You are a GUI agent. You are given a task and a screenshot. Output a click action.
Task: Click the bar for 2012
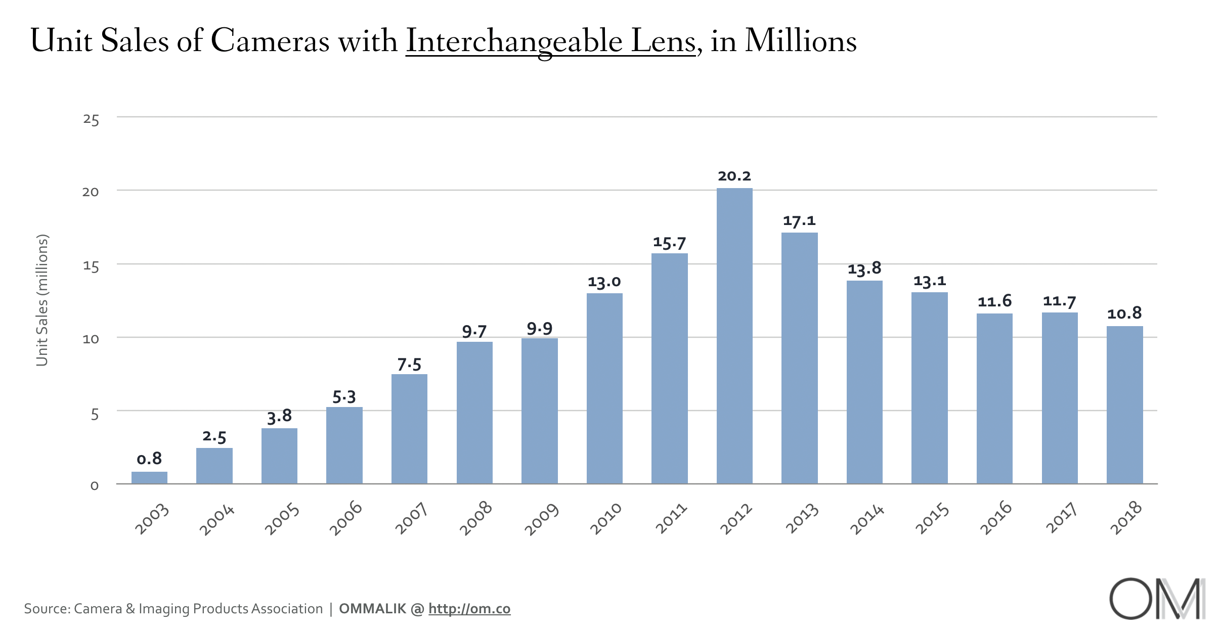pos(734,336)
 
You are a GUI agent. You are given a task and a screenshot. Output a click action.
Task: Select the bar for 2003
pos(149,478)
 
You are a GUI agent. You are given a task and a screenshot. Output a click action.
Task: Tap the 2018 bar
pos(1124,404)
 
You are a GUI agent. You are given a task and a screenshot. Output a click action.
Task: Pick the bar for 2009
pos(539,411)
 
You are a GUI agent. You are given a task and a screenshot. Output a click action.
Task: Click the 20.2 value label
pos(734,176)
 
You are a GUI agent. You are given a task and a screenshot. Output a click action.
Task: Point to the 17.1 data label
pos(799,221)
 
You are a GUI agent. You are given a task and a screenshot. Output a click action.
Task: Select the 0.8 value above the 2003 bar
pos(149,459)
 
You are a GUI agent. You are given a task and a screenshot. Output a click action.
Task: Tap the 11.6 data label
pos(994,302)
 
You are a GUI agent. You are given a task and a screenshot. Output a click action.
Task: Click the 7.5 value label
pos(409,365)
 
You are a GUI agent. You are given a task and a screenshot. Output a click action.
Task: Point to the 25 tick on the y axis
pos(91,120)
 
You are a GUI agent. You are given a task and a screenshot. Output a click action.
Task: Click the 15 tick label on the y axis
pos(91,266)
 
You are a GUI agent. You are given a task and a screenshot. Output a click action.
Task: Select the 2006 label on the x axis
pos(346,518)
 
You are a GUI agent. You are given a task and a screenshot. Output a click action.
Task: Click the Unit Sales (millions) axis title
pos(42,300)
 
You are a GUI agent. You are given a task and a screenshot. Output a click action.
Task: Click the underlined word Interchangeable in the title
pos(514,41)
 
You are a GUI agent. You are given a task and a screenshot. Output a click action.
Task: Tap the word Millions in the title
pos(801,41)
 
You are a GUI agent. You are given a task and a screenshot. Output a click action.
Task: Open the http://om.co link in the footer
pos(469,609)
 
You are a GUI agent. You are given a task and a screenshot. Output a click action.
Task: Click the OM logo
pos(1157,599)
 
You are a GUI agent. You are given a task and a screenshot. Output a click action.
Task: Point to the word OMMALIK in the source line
pos(372,609)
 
